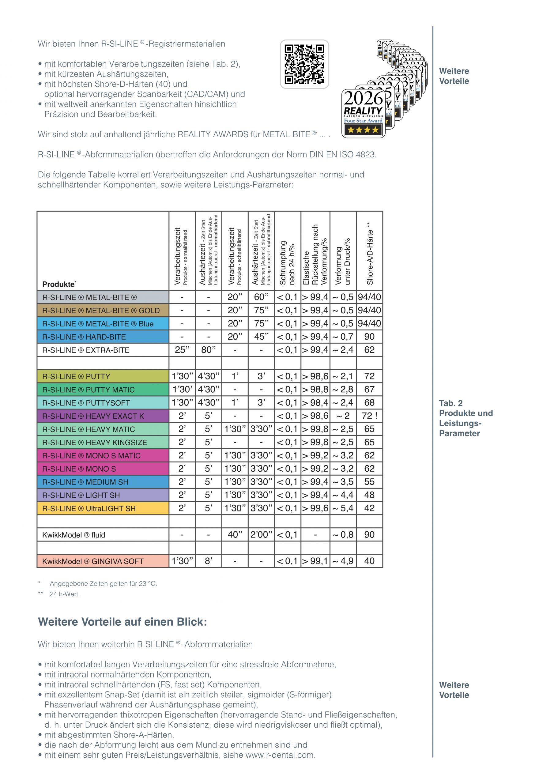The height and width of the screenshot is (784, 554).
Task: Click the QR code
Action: [304, 64]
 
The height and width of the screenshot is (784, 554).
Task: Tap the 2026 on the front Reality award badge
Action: [364, 98]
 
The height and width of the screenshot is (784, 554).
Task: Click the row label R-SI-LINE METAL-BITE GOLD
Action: [101, 311]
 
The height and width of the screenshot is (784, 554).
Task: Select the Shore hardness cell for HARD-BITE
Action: [369, 337]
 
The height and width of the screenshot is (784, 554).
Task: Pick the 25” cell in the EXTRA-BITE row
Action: [182, 350]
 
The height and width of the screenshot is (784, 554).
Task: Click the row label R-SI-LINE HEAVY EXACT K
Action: [93, 416]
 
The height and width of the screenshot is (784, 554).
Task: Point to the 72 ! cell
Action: [369, 416]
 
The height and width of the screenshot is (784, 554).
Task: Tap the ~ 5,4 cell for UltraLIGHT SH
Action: [343, 508]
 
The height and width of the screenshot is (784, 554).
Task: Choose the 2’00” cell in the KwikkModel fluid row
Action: [261, 535]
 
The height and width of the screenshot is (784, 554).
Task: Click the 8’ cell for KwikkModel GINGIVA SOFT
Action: [208, 561]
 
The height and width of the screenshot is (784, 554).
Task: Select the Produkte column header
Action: [59, 284]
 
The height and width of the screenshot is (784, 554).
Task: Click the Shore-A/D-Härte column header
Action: [370, 253]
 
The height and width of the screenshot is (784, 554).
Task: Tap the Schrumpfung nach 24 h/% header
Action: [287, 263]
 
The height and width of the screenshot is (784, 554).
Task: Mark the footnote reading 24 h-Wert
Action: [65, 594]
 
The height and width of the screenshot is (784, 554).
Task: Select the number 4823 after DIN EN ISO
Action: [366, 155]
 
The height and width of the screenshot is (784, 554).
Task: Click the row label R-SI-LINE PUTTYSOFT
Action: [86, 403]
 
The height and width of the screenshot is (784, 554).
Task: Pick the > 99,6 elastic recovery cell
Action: [315, 508]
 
